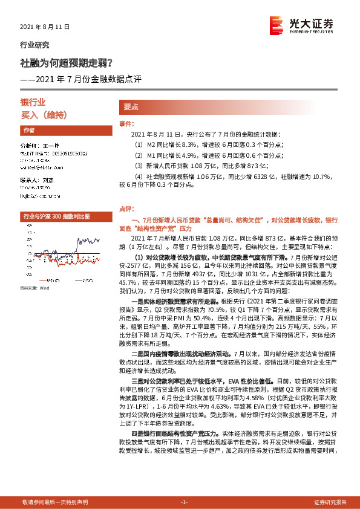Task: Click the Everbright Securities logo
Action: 301,25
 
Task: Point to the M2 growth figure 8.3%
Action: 172,145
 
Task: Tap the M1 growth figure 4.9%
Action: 172,155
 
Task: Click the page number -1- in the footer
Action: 185,502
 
